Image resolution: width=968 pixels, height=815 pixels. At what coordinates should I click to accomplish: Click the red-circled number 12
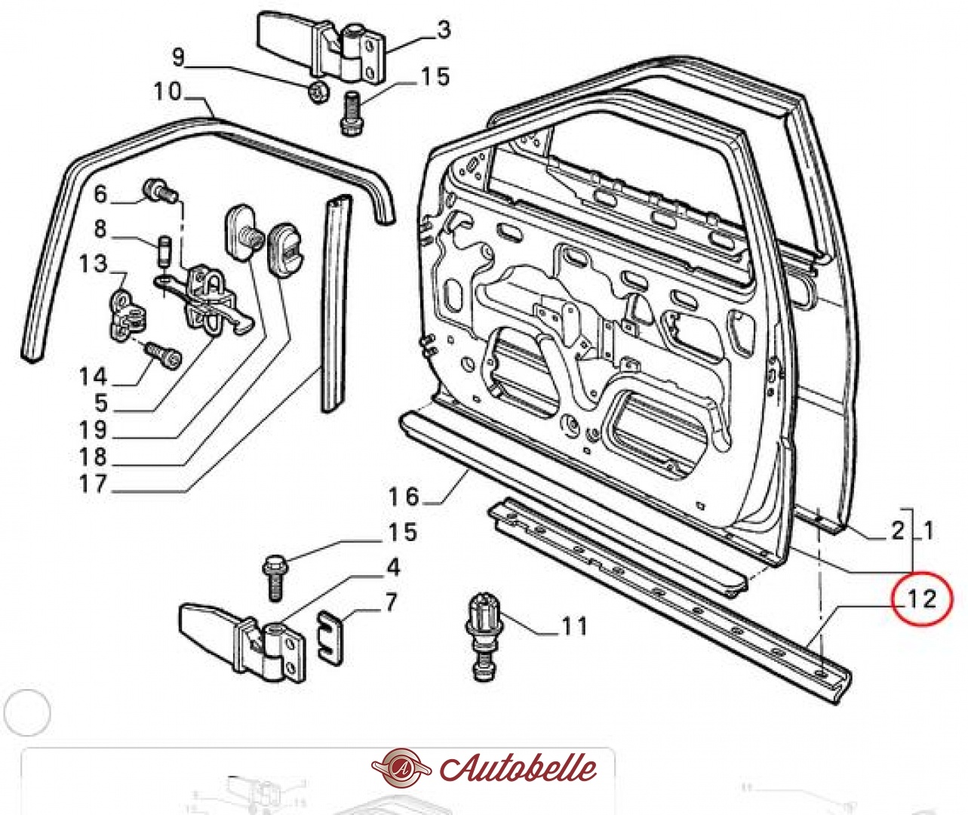tap(921, 599)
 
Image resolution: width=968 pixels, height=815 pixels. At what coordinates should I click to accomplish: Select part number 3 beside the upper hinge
tap(443, 30)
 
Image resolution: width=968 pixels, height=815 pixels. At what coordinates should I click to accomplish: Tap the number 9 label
tap(178, 57)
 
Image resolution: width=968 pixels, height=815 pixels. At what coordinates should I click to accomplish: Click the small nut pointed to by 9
tap(318, 91)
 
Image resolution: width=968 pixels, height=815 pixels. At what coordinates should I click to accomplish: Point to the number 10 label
tap(168, 91)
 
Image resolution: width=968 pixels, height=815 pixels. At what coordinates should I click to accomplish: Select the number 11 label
tap(573, 626)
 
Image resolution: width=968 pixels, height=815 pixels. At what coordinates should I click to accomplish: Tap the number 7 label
tap(390, 602)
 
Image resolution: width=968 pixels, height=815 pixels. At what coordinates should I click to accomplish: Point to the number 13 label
tap(94, 263)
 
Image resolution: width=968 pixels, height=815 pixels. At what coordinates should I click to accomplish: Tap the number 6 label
tap(100, 194)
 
